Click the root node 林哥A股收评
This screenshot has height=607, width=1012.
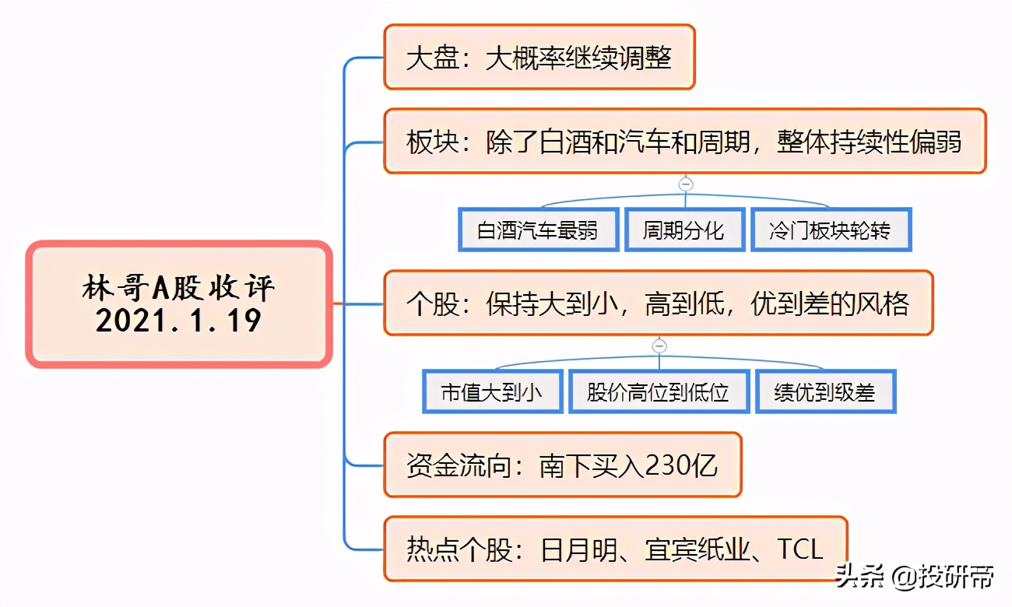179,304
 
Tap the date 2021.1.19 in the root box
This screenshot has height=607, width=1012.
178,321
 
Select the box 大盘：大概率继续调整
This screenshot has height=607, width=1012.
539,57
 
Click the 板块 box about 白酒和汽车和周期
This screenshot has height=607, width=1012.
685,141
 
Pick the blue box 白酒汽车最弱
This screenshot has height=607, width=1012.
538,230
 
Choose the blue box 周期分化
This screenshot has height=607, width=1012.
685,230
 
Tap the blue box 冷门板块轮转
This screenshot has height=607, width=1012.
831,230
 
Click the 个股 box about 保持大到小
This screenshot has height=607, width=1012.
659,303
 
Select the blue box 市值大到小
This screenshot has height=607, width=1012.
493,391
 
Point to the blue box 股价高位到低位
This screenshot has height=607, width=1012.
659,391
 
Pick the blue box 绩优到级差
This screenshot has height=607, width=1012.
826,391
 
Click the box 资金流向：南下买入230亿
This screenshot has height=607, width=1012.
563,465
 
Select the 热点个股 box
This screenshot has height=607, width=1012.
616,549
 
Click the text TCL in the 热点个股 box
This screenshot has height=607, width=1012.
799,549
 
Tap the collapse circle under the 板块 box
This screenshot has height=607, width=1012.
686,184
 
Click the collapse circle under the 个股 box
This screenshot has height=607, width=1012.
659,346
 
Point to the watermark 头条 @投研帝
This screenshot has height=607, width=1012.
915,577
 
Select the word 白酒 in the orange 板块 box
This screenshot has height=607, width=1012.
565,142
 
